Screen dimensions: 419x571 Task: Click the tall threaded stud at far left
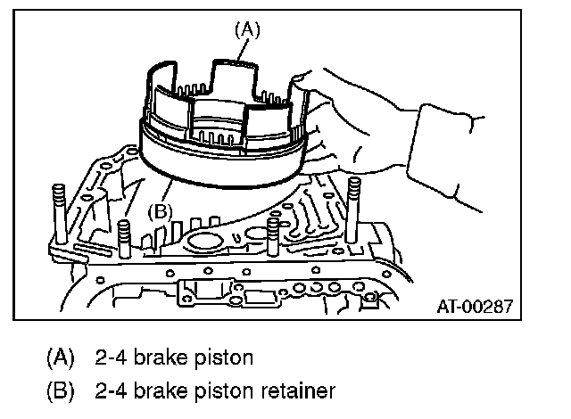[x=60, y=214]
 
